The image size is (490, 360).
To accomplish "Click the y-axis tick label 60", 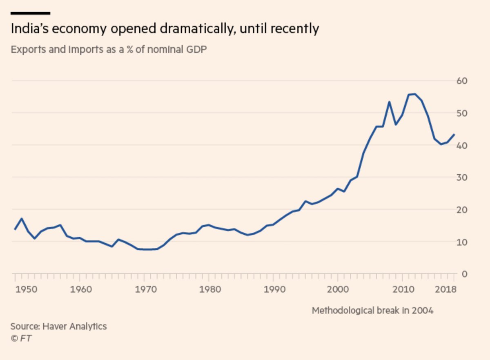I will (462, 81).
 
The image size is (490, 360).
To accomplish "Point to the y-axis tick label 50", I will (462, 113).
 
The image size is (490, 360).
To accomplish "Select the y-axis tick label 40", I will (462, 145).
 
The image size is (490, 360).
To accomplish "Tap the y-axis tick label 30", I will (462, 178).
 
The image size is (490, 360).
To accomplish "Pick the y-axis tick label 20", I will (462, 210).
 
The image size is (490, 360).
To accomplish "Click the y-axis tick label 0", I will (464, 274).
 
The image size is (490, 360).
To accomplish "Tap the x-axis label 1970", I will (144, 289).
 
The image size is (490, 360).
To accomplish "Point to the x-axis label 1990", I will (273, 289).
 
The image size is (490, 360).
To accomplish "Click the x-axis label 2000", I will (338, 289).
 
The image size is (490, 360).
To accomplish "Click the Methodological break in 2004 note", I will (372, 311).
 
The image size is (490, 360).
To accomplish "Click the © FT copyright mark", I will (21, 338).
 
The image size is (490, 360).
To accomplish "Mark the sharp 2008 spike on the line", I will (389, 102).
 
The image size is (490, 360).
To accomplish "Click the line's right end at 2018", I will (454, 134).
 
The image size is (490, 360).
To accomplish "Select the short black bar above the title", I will (31, 13).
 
